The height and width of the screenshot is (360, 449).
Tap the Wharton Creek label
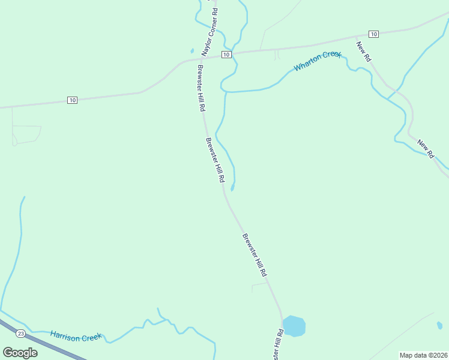point(318,61)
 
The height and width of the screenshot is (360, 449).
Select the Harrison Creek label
point(76,337)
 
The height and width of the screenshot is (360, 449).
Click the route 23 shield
point(21,333)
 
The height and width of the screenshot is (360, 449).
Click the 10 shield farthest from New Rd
point(72,100)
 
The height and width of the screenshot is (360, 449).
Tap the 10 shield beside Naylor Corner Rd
point(226,55)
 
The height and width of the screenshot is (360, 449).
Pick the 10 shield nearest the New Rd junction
point(373,34)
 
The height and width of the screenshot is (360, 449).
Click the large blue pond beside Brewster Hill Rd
point(294,326)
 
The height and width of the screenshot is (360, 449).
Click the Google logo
point(20,353)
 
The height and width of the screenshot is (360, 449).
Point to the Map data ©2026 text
point(423,355)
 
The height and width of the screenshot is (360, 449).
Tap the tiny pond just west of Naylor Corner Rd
point(191,51)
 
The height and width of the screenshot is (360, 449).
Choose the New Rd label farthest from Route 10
point(426,148)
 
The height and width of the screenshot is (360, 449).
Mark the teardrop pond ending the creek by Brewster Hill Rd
point(232,187)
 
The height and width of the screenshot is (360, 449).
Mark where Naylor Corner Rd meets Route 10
point(200,58)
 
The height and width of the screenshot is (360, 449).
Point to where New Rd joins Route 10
point(357,37)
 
